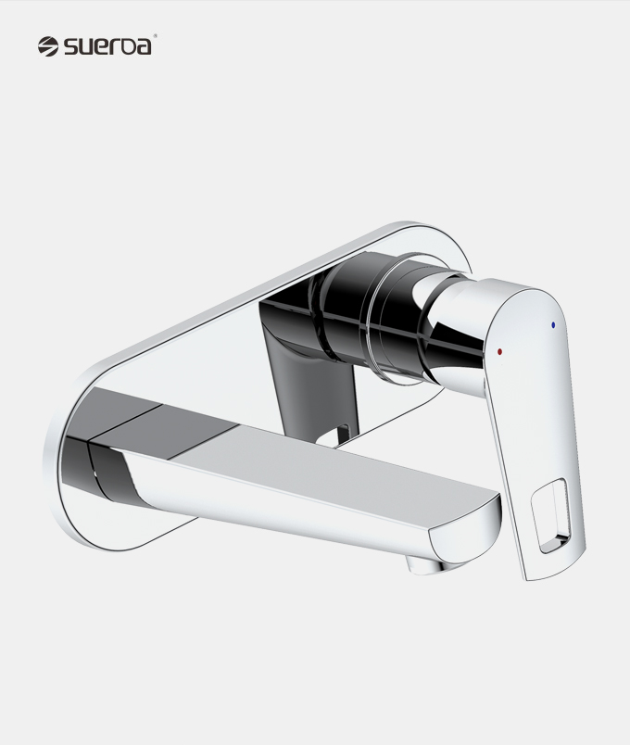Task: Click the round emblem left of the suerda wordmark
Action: tap(48, 46)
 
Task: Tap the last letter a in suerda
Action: tap(143, 47)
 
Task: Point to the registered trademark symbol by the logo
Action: tap(155, 35)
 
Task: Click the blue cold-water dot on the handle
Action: tap(552, 325)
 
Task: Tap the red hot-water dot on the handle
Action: tap(498, 351)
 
